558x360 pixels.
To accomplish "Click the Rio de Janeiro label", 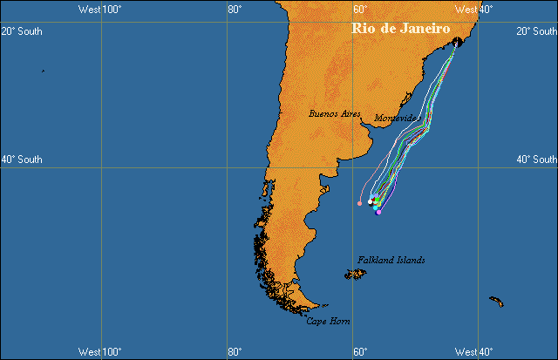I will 400,29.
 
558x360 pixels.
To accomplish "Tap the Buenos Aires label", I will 334,113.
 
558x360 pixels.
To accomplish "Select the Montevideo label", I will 397,118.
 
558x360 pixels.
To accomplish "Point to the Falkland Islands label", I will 391,260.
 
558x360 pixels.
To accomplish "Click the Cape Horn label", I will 328,322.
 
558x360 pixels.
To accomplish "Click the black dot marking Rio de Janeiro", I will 457,41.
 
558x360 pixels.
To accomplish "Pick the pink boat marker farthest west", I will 359,204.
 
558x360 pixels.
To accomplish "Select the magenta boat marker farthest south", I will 378,212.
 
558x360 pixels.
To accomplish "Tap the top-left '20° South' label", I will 21,31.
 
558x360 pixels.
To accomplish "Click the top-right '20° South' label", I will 536,31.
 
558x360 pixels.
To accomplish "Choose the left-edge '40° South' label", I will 21,160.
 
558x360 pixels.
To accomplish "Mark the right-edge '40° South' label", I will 536,160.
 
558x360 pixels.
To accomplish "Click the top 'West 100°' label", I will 99,9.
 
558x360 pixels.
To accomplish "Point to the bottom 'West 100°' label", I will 99,352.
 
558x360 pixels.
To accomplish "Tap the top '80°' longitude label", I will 234,9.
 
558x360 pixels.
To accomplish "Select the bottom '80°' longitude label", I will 234,352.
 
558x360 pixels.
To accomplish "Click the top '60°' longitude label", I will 359,9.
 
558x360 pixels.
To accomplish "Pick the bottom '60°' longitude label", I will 359,352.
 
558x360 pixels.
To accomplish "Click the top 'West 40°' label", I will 474,9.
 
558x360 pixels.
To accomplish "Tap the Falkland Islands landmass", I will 355,275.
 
